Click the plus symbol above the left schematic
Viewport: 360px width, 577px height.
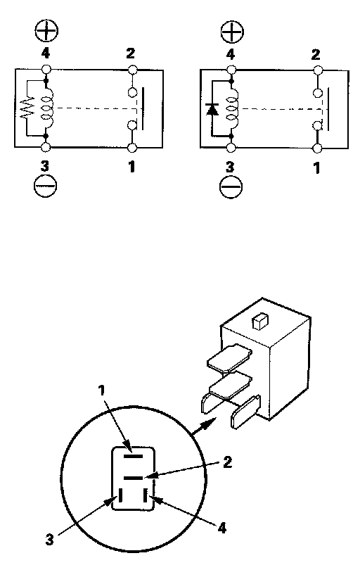tap(46, 31)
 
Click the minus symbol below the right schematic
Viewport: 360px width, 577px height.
tap(231, 186)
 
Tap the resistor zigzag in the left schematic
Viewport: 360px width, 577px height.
tap(28, 108)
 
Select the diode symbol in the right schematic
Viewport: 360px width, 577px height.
tap(212, 109)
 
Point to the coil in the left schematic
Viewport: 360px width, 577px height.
tap(46, 108)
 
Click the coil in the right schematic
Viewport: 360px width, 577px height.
tap(233, 108)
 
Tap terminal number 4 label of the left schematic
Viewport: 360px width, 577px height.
tap(45, 53)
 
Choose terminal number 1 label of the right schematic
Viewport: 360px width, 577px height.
tap(316, 168)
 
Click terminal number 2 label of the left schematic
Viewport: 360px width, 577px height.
tap(131, 53)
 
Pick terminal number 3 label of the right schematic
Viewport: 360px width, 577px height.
tap(230, 167)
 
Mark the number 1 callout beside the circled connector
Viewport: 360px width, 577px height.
tap(102, 391)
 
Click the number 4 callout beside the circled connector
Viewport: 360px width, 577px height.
tap(221, 528)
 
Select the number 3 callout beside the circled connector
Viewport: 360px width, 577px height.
tap(50, 540)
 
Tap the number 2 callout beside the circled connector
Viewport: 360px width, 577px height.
tap(228, 462)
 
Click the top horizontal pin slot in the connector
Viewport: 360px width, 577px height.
tap(133, 456)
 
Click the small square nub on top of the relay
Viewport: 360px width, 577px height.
tap(259, 322)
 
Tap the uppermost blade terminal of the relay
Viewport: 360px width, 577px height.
tap(230, 357)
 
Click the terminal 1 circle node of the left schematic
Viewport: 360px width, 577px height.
tap(132, 148)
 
